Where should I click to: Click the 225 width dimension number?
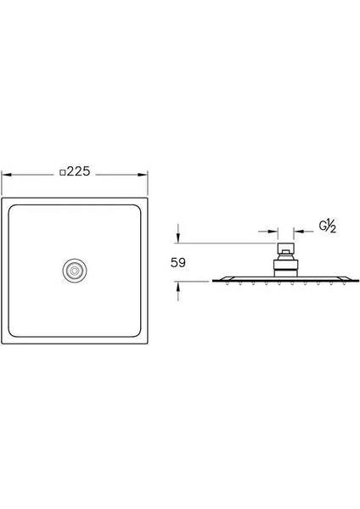click(78, 171)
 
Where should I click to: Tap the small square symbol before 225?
click(63, 172)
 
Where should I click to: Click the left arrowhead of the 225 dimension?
click(7, 175)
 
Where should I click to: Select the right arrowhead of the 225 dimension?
click(143, 175)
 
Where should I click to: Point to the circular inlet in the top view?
click(75, 271)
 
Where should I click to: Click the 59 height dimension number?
click(178, 263)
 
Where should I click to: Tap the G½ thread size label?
click(327, 226)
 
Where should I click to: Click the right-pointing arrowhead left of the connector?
click(273, 232)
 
